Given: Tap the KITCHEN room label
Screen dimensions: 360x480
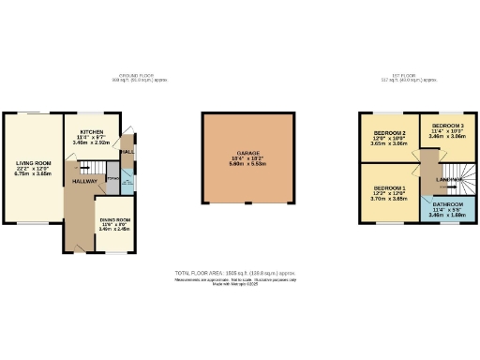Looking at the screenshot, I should [91, 132].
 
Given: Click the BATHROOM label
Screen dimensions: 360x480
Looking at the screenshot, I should [448, 203].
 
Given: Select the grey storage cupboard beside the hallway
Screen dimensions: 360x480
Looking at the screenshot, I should [112, 179].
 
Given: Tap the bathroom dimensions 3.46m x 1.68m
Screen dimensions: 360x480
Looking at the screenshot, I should [448, 215].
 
